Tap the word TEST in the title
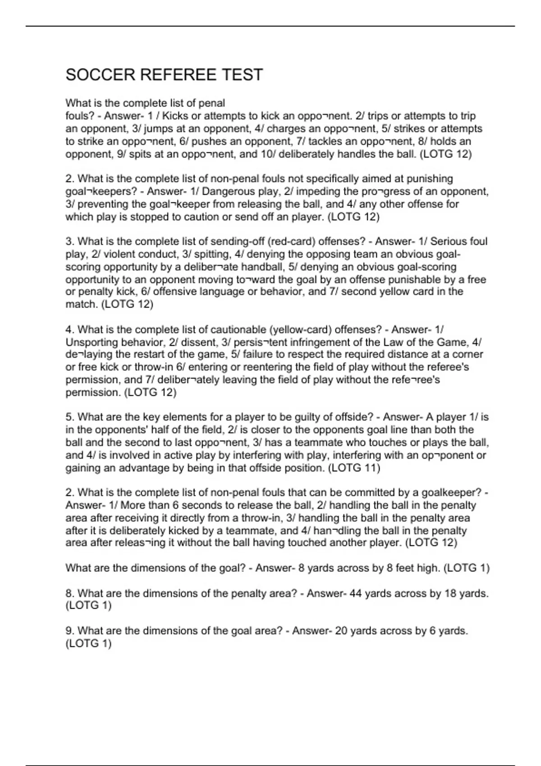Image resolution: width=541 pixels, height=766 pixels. (242, 75)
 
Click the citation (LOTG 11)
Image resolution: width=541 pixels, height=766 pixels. (354, 468)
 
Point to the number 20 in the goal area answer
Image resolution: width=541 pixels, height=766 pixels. (341, 631)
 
